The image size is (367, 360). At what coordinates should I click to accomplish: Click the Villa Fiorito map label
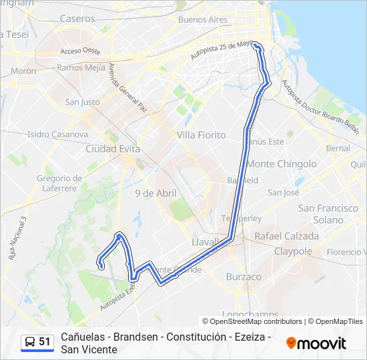[201, 135]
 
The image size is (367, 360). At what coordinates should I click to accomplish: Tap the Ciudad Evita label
[111, 149]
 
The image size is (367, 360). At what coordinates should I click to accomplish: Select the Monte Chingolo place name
[282, 163]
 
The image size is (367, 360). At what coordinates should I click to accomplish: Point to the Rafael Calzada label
[287, 236]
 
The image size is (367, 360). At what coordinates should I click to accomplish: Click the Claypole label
[293, 251]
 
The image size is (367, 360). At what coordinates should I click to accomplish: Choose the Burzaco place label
[244, 276]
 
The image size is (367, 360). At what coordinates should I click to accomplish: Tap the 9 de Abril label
[155, 193]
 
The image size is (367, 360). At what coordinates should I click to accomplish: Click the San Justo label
[82, 102]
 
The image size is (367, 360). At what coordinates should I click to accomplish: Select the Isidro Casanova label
[57, 134]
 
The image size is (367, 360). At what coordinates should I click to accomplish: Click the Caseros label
[77, 19]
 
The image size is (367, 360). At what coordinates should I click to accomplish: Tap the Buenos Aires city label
[203, 20]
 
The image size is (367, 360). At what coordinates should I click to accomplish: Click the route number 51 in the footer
[45, 342]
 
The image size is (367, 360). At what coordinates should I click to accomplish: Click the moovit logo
[316, 343]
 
